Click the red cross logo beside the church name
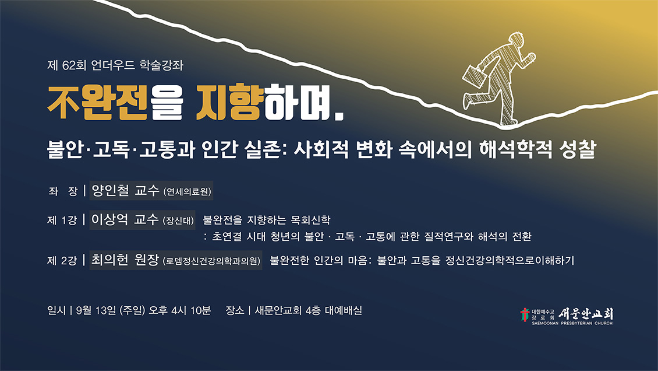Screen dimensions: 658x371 (x=525, y=314)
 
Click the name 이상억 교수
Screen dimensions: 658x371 (x=125, y=219)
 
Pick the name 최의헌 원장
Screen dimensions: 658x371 (x=125, y=260)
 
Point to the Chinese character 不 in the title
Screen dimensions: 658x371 (x=63, y=103)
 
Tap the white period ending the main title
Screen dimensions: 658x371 (x=339, y=117)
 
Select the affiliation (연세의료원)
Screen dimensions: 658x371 (x=187, y=191)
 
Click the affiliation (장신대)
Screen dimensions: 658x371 (x=178, y=220)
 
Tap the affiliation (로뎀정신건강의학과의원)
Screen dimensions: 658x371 (x=211, y=261)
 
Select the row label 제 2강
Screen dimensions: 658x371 (x=62, y=261)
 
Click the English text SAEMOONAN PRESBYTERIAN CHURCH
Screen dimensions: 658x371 (x=572, y=324)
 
